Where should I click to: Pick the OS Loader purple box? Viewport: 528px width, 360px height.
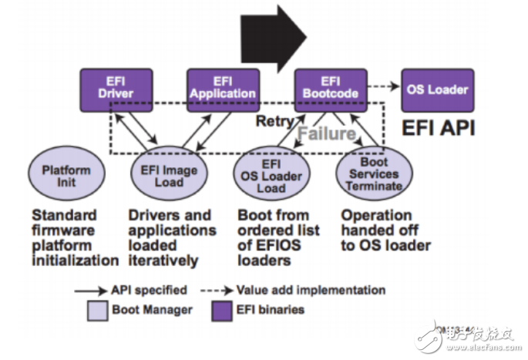pos(437,89)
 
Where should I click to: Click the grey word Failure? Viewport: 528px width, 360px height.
pos(327,133)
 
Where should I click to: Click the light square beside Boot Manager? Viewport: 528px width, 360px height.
pos(96,310)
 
